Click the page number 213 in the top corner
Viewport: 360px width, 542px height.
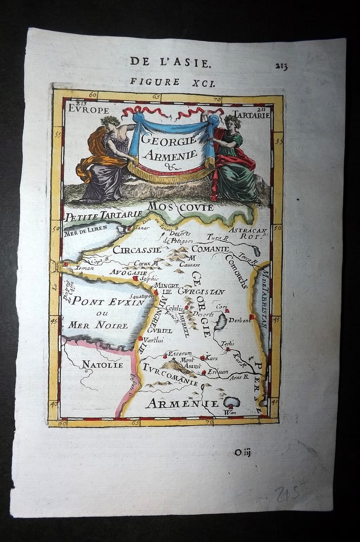(282, 67)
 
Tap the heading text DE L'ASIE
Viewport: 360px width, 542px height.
(170, 62)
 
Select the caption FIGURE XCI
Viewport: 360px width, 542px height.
(172, 82)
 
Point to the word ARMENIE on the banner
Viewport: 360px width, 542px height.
(169, 155)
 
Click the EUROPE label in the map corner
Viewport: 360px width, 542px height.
(89, 109)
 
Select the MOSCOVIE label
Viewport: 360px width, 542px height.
(180, 207)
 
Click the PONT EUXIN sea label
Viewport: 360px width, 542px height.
(108, 301)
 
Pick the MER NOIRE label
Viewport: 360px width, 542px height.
(98, 325)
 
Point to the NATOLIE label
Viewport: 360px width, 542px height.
(102, 365)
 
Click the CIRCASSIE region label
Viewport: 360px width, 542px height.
(137, 250)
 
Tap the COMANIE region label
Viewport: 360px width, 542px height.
(210, 249)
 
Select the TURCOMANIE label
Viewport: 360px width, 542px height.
(170, 375)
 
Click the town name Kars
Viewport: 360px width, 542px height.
(212, 357)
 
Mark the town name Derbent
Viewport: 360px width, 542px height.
(239, 319)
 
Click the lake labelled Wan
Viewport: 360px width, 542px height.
(231, 402)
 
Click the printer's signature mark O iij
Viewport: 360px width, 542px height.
(243, 452)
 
